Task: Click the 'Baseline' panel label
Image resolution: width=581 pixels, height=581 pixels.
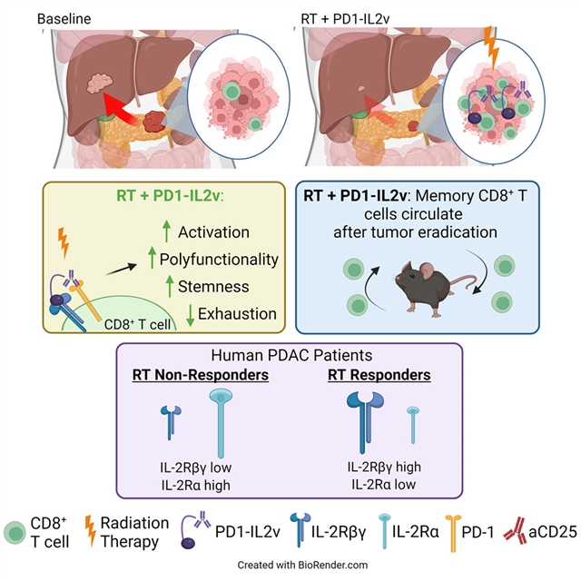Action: click(64, 19)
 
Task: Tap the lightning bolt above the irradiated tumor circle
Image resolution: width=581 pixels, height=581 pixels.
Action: click(492, 47)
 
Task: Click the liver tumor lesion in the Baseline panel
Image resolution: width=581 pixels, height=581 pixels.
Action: click(100, 83)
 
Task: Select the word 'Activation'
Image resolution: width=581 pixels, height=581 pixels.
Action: click(214, 232)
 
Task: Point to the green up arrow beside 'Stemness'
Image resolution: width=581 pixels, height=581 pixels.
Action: click(170, 286)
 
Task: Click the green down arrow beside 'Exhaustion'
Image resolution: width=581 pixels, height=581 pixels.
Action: click(190, 315)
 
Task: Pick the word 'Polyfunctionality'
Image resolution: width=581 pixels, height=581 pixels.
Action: click(219, 260)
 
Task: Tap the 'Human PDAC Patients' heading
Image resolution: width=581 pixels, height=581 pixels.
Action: click(291, 355)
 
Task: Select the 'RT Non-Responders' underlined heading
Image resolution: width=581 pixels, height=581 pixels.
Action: click(201, 375)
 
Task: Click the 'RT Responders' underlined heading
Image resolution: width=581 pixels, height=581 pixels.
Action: click(379, 375)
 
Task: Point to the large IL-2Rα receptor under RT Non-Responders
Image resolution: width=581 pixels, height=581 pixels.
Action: click(221, 423)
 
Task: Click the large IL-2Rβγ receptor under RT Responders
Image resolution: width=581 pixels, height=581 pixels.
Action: click(365, 422)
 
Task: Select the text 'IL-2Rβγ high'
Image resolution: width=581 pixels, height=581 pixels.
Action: click(384, 467)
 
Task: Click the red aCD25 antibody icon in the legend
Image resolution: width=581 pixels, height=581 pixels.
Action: click(515, 531)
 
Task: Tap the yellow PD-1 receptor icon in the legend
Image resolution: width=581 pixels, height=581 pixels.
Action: click(453, 533)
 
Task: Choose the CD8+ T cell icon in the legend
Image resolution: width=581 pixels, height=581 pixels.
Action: click(15, 533)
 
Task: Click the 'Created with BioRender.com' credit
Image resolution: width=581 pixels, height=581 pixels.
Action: click(302, 565)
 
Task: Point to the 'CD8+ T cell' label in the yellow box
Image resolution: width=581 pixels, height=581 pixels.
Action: click(137, 325)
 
